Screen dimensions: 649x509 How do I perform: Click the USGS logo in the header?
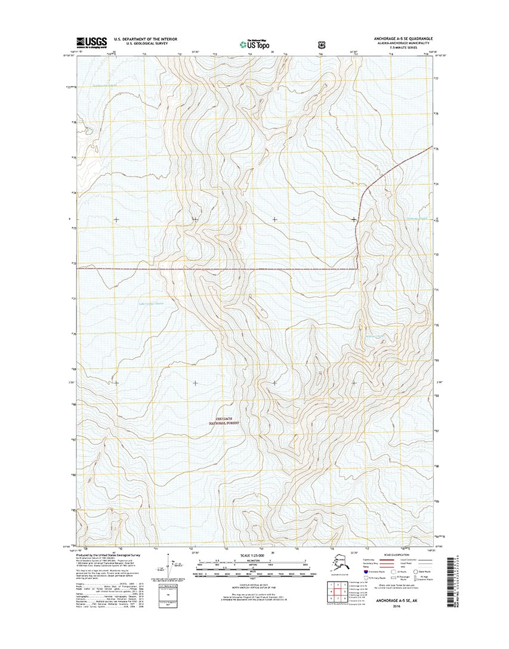91,42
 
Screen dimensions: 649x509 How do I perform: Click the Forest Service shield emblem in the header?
323,43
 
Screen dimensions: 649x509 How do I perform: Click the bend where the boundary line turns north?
358,269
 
